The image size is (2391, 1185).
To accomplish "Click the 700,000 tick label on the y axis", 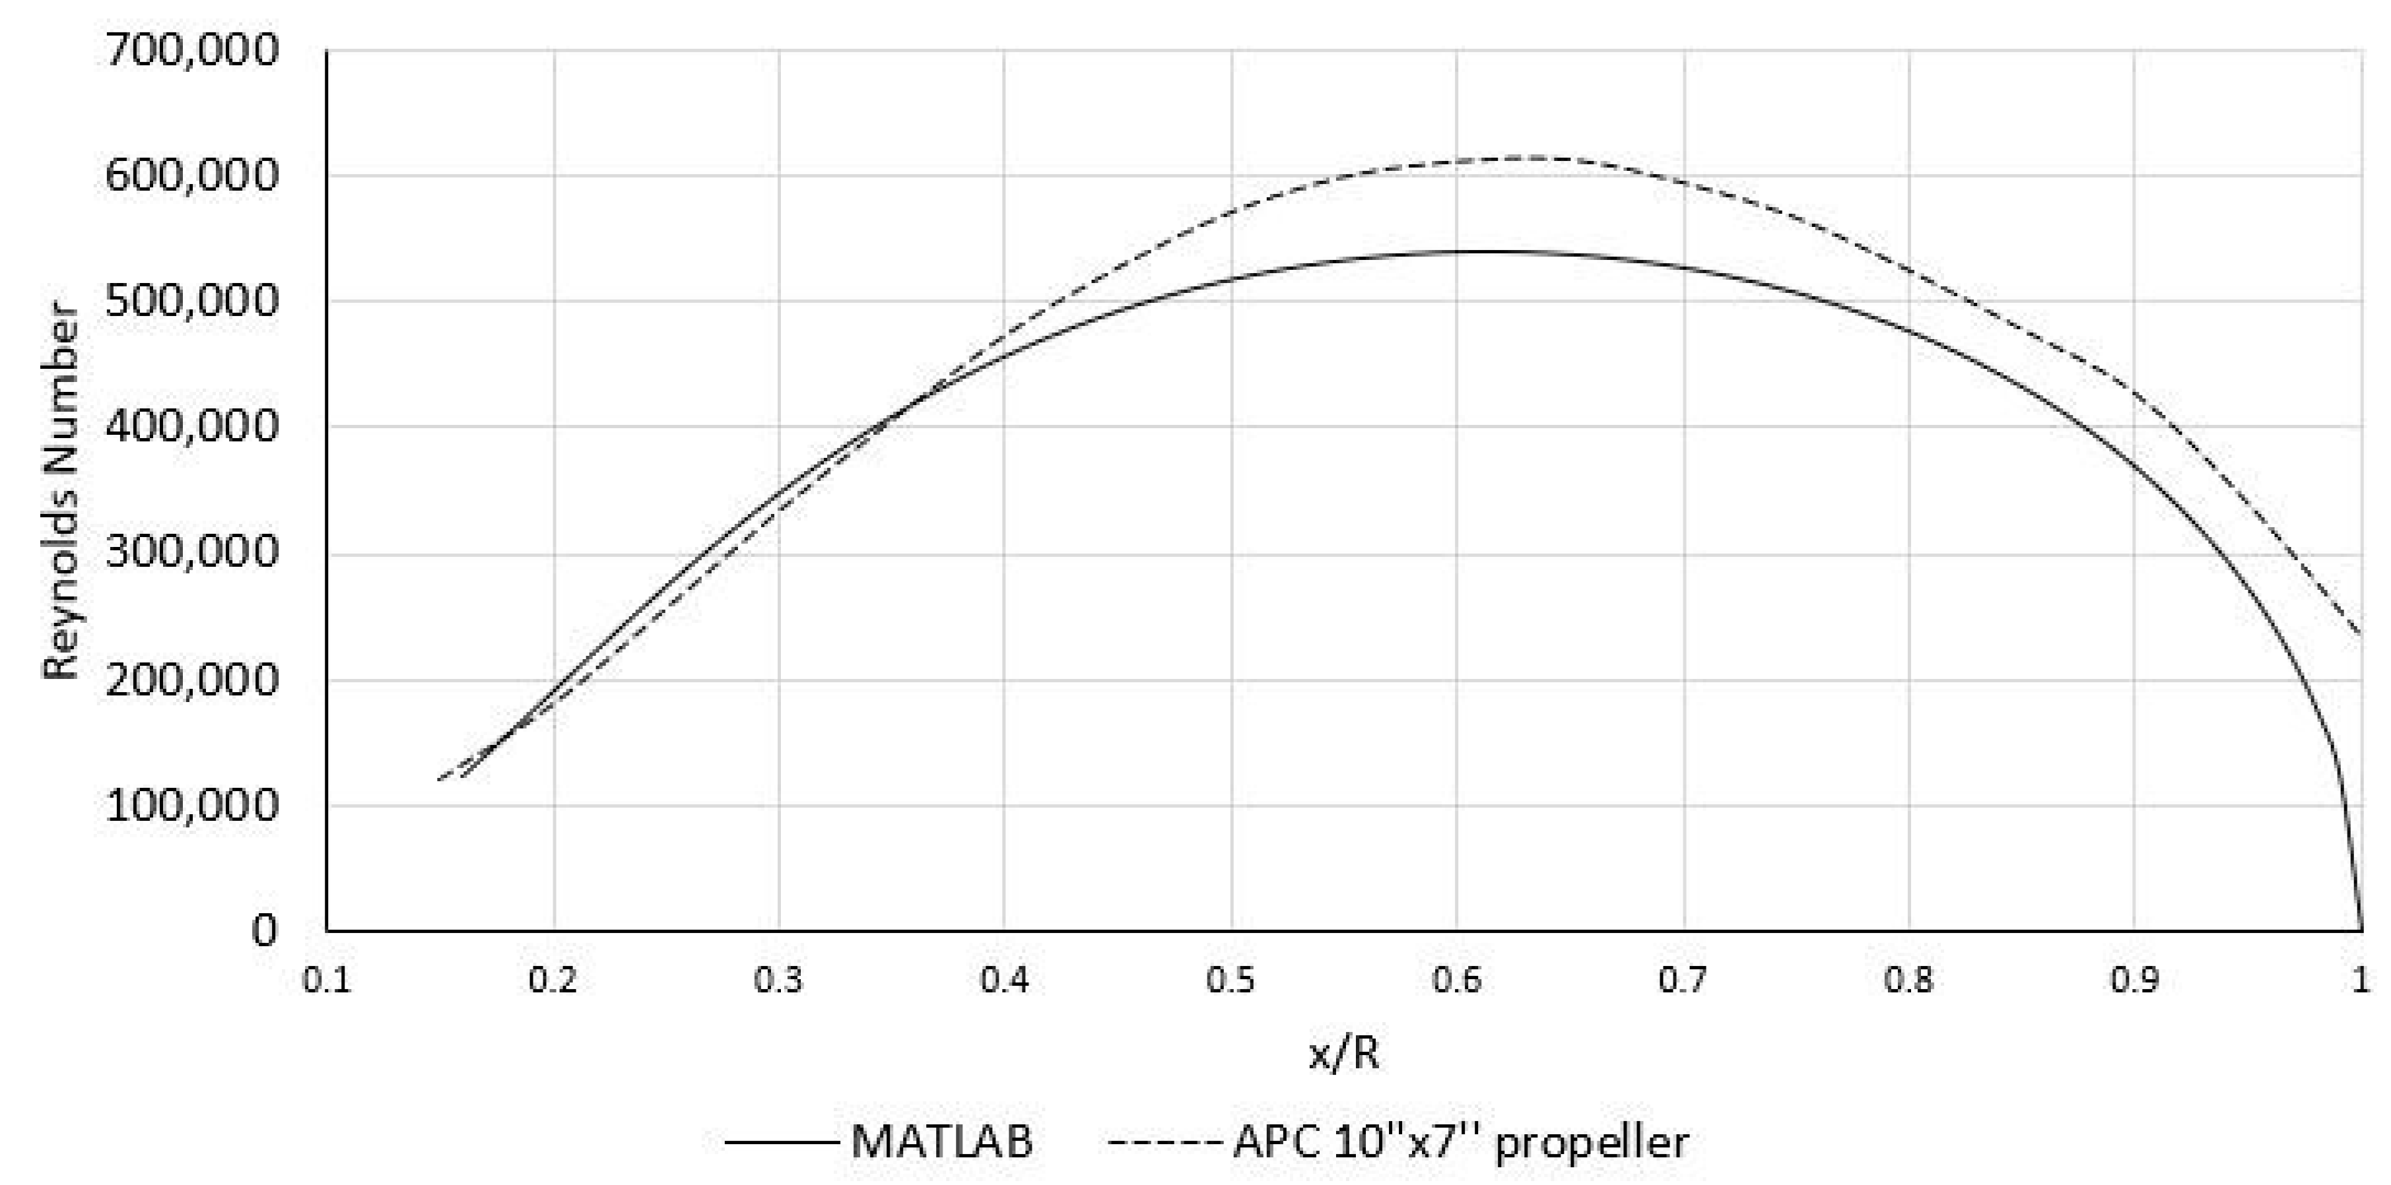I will (191, 50).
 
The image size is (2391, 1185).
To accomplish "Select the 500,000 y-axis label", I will (191, 301).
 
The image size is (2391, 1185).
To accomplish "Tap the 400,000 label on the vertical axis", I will (191, 427).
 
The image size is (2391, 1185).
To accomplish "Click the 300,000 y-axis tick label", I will (191, 552).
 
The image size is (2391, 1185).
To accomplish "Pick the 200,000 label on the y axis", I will (191, 680).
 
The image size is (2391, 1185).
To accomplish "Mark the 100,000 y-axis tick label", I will (191, 804).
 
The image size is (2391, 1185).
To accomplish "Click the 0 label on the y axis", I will (265, 930).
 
